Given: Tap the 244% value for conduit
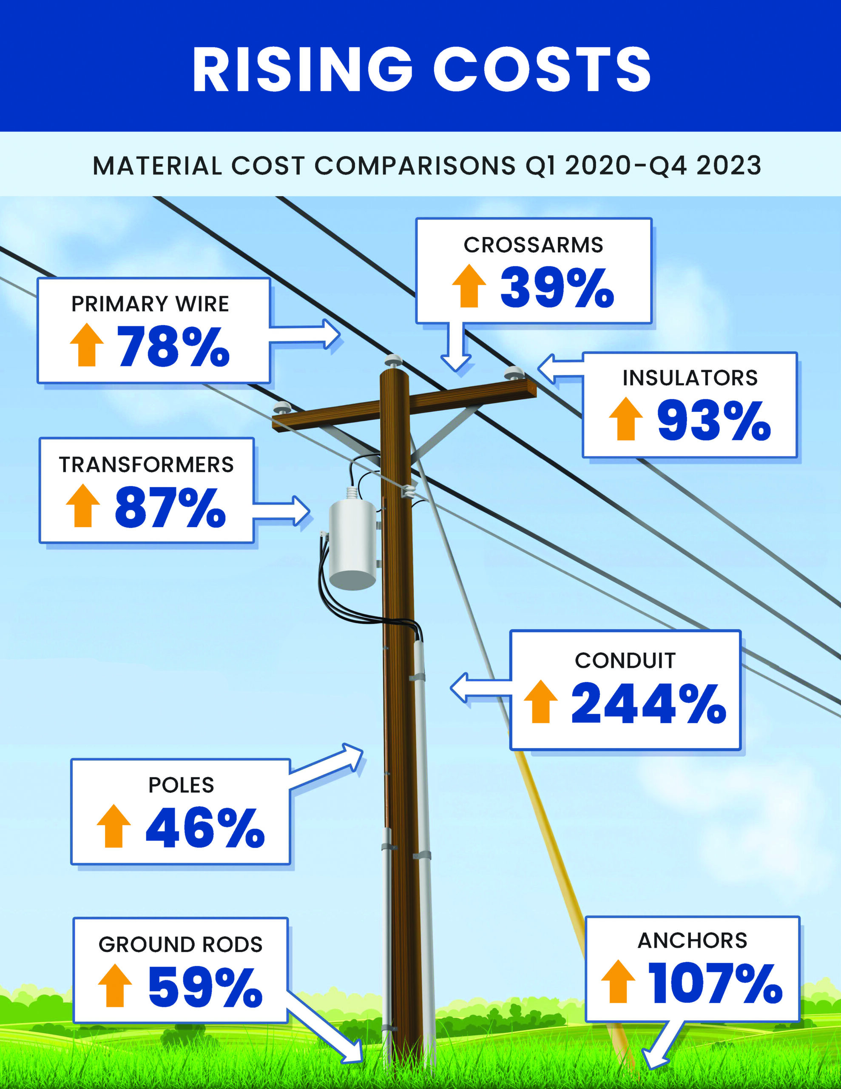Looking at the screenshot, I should click(648, 704).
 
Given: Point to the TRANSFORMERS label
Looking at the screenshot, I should click(147, 465).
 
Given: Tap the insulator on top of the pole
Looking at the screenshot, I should click(393, 360).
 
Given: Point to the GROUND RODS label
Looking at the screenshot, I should click(180, 944).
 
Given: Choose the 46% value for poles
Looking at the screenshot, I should click(205, 828).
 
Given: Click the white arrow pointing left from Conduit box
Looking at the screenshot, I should click(479, 688).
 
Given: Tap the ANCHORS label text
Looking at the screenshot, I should click(693, 941).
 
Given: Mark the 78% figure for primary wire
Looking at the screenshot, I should click(173, 347).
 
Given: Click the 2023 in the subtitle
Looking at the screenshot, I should click(728, 165).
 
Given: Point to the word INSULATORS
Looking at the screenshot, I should click(690, 378).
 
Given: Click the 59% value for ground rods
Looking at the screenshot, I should click(205, 987).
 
